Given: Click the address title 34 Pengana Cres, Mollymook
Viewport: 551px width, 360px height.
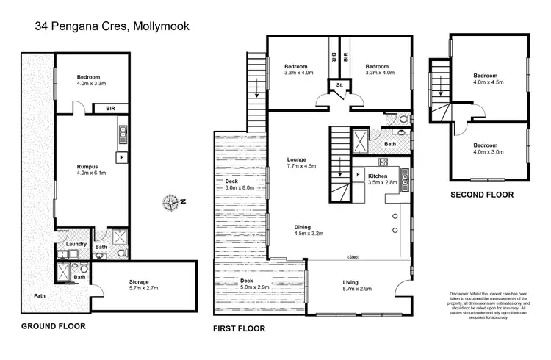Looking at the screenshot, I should tap(112, 27).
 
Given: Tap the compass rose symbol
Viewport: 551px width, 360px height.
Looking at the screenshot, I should tap(173, 201).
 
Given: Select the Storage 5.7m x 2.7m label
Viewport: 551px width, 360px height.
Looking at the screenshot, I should tap(139, 285).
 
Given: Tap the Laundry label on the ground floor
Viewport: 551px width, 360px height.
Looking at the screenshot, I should tap(76, 244).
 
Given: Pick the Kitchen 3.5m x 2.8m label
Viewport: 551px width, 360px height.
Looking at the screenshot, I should tap(382, 180).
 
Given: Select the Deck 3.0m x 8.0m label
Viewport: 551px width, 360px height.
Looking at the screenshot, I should tap(240, 184).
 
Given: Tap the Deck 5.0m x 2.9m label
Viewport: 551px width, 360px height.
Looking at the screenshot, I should tap(256, 285).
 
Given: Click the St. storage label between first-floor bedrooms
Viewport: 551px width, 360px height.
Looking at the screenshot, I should tap(339, 86).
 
